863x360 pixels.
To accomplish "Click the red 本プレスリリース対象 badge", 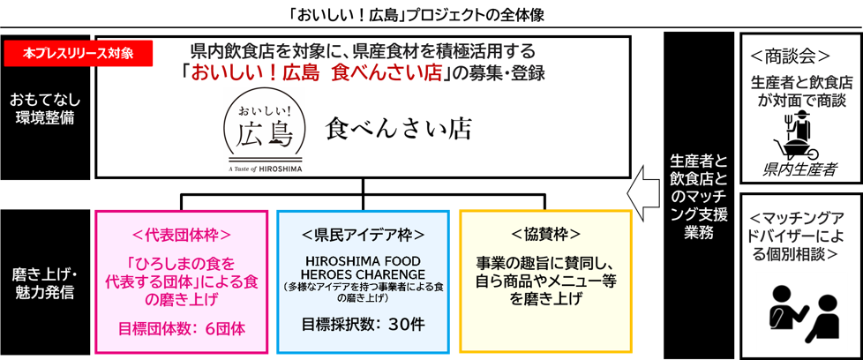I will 79,53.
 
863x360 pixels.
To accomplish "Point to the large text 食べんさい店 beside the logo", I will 398,131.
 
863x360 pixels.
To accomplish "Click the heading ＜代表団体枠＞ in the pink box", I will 181,235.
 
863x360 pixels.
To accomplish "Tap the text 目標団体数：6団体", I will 181,329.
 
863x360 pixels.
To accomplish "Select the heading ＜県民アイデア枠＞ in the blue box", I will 363,235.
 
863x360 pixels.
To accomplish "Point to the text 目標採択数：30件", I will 363,323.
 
